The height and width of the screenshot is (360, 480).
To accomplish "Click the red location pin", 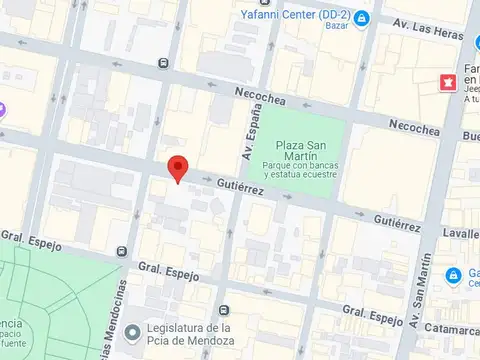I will tap(178, 169).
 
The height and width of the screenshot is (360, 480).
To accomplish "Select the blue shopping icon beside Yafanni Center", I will tap(361, 17).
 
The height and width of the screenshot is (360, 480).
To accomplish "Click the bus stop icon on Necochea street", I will tap(163, 63).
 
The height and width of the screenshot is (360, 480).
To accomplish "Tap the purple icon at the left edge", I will tap(3, 108).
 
